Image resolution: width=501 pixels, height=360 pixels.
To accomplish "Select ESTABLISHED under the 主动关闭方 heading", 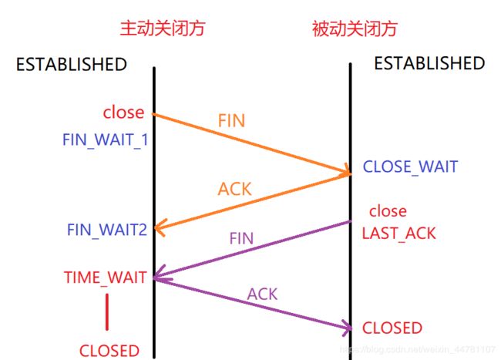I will (x=71, y=65).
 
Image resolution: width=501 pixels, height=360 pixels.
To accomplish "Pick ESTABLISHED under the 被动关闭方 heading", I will (x=429, y=63).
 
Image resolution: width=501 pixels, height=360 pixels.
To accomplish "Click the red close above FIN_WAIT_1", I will (x=123, y=113).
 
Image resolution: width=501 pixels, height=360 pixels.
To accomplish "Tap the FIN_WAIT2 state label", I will (x=106, y=229).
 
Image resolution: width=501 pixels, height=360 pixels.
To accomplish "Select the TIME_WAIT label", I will (x=105, y=278).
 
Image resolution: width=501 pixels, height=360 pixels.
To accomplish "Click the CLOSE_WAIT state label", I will (x=410, y=167).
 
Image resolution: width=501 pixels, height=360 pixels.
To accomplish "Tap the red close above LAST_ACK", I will (x=387, y=211).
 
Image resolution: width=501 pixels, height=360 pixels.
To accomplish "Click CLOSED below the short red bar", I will (x=109, y=351).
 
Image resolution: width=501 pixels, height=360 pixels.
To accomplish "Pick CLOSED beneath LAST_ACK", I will (x=392, y=328).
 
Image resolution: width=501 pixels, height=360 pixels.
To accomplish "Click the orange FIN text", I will (x=232, y=121).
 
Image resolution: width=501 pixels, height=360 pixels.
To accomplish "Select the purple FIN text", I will (x=241, y=238).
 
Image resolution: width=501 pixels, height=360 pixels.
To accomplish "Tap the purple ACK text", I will (x=262, y=294).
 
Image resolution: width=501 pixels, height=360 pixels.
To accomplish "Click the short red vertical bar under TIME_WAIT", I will (x=106, y=312).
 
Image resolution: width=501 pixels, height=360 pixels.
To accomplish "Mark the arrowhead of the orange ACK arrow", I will (x=159, y=228).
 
